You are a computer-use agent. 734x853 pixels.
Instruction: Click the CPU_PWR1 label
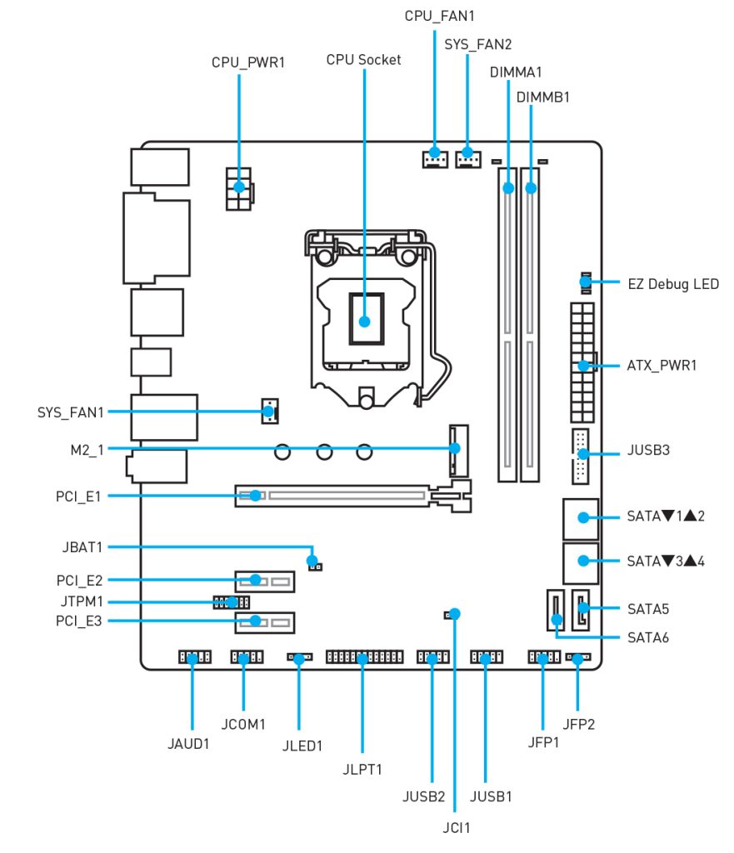pos(247,62)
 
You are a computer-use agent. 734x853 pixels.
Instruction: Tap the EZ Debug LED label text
pos(672,284)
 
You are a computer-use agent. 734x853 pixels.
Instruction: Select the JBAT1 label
pos(82,547)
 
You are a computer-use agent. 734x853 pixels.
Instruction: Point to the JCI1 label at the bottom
pos(455,827)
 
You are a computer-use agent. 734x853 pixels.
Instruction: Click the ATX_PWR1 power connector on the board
pos(582,363)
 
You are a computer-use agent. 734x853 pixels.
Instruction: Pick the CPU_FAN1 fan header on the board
pos(433,156)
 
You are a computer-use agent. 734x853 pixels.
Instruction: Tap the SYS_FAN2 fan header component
pos(467,156)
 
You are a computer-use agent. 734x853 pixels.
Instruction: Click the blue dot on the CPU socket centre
pos(364,320)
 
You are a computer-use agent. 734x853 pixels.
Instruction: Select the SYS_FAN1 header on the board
pos(269,411)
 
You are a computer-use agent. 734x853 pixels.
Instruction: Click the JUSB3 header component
pos(581,456)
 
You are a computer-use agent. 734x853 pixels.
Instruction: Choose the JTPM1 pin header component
pos(231,601)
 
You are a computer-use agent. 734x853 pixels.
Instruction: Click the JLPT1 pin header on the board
pos(362,658)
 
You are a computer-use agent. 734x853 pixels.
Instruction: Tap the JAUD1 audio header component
pos(193,658)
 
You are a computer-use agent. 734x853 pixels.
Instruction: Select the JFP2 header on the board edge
pos(577,658)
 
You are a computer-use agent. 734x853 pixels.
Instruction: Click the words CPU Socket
pos(363,59)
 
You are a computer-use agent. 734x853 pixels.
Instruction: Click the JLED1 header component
pos(298,658)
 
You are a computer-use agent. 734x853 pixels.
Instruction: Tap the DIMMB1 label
pos(542,97)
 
